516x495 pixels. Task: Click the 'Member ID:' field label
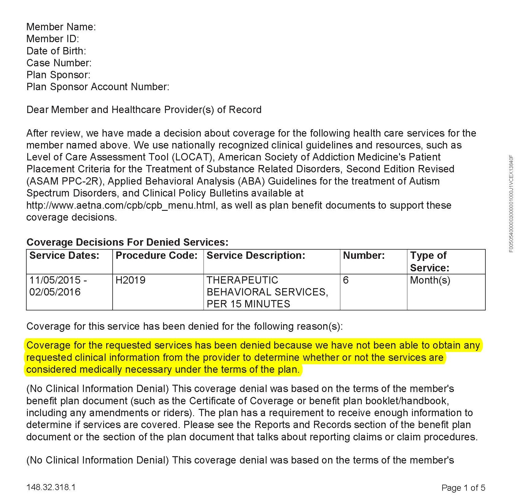[x=53, y=39]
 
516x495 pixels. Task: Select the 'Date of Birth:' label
[x=56, y=51]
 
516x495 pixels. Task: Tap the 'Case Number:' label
[x=59, y=63]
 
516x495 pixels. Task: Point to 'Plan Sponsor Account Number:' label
[x=98, y=87]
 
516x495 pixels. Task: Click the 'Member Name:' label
[x=61, y=27]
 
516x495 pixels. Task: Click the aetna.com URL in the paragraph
[x=121, y=205]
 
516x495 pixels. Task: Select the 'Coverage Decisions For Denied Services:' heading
[x=127, y=242]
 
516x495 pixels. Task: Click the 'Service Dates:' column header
[x=64, y=255]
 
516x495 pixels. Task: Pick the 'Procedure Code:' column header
[x=156, y=255]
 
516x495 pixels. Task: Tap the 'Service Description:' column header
[x=256, y=255]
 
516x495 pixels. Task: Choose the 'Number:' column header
[x=364, y=255]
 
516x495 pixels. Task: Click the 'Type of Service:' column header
[x=429, y=262]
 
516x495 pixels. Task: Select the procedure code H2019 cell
[x=130, y=280]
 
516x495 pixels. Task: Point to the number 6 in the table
[x=346, y=280]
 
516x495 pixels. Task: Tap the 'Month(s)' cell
[x=430, y=280]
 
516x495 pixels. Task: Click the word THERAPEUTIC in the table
[x=242, y=280]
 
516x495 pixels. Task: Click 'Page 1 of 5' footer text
[x=463, y=488]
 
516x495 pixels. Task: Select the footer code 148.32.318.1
[x=51, y=487]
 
